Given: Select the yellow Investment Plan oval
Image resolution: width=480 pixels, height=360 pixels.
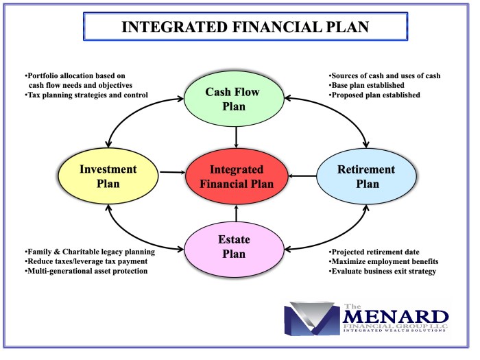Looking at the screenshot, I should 108,177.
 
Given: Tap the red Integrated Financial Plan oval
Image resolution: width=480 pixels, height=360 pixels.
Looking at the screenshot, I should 236,176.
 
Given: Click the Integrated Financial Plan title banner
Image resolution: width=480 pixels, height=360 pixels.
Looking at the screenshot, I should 235,27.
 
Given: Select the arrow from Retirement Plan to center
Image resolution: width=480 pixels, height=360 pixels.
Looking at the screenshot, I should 302,177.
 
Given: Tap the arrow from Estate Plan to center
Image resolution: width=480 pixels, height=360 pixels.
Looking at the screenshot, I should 236,214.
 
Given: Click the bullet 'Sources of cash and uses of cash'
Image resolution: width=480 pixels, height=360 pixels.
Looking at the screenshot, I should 384,75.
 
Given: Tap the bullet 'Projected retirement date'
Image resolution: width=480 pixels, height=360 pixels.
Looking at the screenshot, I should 374,252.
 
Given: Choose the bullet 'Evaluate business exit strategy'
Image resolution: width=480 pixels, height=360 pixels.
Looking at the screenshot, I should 383,271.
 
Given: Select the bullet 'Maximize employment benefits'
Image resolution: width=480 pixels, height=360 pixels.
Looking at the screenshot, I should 383,261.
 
